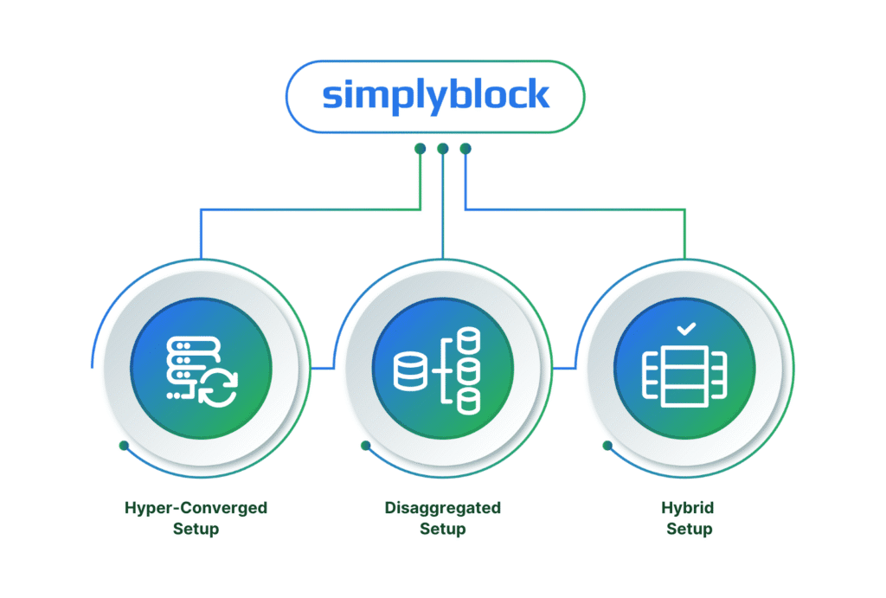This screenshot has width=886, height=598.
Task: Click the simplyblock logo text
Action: (x=435, y=95)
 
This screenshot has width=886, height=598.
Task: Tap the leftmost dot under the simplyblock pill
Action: (x=420, y=148)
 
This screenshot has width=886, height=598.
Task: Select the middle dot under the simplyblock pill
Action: (x=443, y=148)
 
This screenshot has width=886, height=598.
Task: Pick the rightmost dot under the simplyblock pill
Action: (x=465, y=148)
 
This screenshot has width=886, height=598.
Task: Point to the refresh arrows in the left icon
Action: (x=217, y=387)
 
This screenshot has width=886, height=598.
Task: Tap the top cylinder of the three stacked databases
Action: (x=467, y=340)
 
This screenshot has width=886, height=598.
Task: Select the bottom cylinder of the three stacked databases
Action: (x=467, y=400)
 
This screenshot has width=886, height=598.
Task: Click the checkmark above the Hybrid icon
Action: (x=684, y=329)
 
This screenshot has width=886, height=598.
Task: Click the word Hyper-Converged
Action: (x=196, y=508)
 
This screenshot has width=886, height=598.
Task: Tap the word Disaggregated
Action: (x=442, y=508)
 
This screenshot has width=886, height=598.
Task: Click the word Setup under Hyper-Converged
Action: (x=196, y=529)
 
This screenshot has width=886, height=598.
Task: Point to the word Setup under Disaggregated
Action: (x=442, y=529)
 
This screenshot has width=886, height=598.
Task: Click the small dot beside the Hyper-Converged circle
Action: (x=124, y=446)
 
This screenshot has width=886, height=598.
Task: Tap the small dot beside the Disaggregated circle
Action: (x=366, y=446)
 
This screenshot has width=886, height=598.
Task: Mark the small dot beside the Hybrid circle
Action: (x=607, y=446)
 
